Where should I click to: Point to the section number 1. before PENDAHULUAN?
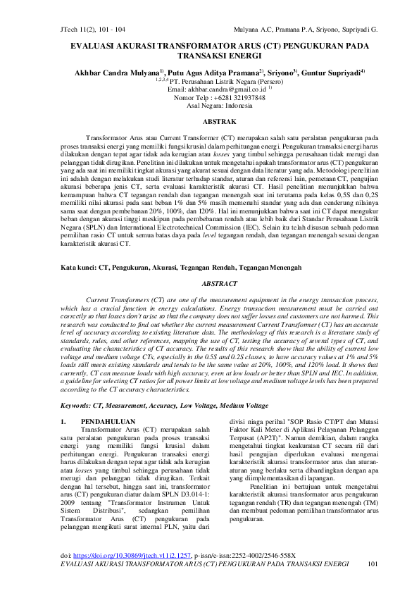pyautogui.click(x=64, y=421)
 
